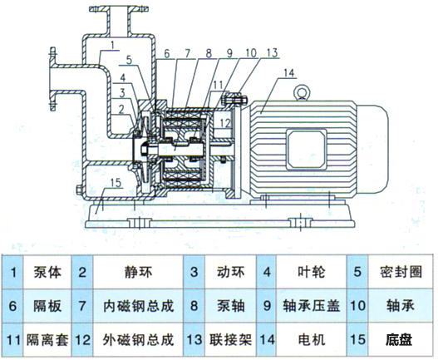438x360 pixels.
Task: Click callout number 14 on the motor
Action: pyautogui.click(x=288, y=73)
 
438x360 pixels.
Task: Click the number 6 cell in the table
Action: pyautogui.click(x=13, y=306)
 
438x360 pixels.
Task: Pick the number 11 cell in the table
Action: pyautogui.click(x=13, y=339)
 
